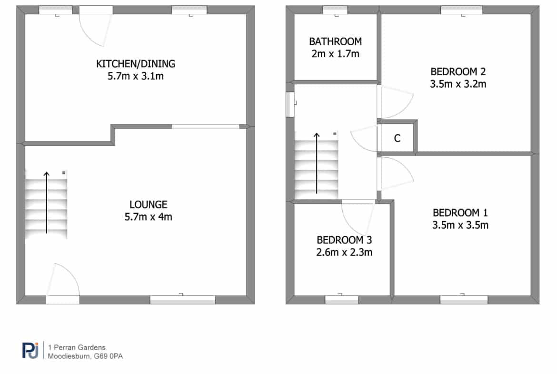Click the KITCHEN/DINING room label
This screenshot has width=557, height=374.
(136, 64)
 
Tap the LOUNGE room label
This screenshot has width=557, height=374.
(148, 204)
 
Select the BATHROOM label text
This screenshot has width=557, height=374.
(335, 41)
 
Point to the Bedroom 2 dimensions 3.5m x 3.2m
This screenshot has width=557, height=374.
(458, 84)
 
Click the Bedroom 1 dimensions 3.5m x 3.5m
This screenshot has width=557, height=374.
(460, 225)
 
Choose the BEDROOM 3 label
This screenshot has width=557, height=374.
(344, 240)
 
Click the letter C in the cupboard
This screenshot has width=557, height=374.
(397, 138)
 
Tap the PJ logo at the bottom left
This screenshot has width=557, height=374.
(30, 350)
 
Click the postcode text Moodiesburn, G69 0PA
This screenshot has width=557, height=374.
(85, 356)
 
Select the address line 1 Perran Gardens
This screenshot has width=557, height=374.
(77, 347)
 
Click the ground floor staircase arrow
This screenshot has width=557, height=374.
(47, 202)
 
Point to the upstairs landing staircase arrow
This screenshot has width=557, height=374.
(317, 163)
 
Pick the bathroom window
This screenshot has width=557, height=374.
(335, 10)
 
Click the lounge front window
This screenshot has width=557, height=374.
(183, 300)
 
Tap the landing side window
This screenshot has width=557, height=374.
(290, 104)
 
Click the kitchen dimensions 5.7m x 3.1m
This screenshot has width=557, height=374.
(136, 76)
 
